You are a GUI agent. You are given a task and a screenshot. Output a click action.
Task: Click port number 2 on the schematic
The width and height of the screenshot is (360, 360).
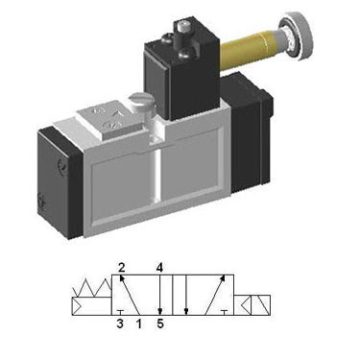point(121,267)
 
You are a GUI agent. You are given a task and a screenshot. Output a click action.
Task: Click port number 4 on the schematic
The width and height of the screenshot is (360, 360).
point(159,267)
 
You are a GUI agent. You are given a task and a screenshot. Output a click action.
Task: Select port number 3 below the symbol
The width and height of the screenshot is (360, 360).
point(120,324)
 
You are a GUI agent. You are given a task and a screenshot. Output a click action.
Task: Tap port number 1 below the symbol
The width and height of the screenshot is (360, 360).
point(138,324)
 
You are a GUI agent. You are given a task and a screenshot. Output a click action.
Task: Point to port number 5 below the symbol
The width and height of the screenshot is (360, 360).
point(160,324)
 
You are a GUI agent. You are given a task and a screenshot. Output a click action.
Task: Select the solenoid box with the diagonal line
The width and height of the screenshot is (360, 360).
point(261,305)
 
